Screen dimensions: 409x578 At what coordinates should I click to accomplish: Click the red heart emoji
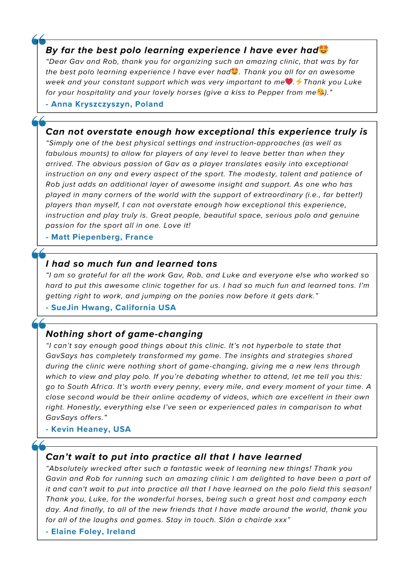tap(289, 81)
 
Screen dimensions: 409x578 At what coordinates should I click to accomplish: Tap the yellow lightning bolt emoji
tap(299, 81)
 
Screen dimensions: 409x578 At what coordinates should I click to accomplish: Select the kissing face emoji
tap(320, 92)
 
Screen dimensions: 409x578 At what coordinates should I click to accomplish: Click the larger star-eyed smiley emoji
tap(323, 50)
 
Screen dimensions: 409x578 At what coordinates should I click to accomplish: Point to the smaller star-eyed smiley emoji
tap(235, 71)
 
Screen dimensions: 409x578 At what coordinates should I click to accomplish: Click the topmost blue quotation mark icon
tap(39, 40)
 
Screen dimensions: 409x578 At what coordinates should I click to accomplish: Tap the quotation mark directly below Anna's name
tap(39, 121)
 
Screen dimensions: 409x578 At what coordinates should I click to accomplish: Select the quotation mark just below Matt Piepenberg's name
tap(39, 254)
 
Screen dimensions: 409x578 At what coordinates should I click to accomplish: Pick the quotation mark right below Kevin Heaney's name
tap(39, 446)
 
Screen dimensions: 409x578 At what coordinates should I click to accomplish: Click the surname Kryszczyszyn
tap(103, 104)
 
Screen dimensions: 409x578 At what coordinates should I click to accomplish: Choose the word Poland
tap(149, 104)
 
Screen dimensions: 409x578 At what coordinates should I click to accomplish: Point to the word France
tap(139, 237)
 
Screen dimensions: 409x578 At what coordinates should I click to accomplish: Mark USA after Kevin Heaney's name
tap(122, 429)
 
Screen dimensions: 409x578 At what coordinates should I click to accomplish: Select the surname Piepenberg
tap(97, 237)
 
